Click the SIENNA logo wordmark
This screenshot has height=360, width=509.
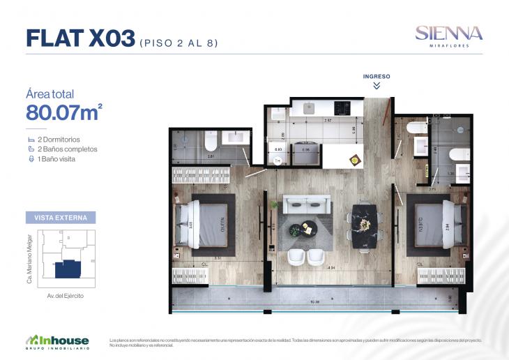click(448, 32)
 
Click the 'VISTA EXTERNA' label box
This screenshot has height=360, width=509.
click(60, 218)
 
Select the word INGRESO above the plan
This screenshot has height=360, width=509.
click(377, 76)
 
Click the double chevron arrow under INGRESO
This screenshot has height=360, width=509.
click(377, 86)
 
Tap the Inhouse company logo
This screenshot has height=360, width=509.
click(57, 341)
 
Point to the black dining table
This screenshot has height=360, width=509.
click(364, 225)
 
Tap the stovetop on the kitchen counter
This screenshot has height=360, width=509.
click(342, 108)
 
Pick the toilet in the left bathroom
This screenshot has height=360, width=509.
click(210, 143)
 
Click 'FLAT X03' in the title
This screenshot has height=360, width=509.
click(80, 39)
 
